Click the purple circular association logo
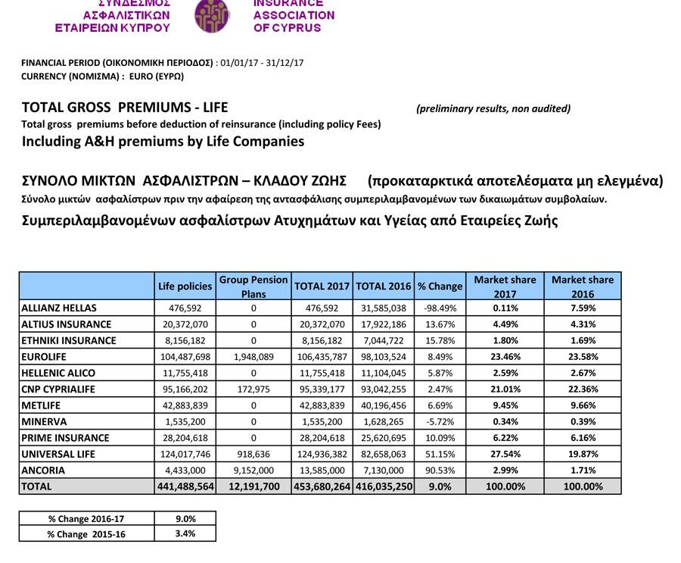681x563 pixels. tap(212, 16)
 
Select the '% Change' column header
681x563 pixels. tap(440, 286)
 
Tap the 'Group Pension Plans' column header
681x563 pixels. tap(253, 286)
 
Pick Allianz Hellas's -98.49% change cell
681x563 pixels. tap(440, 308)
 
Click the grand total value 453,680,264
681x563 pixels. tap(322, 486)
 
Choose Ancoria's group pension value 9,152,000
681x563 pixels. tap(253, 471)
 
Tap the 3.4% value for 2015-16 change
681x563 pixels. tap(185, 533)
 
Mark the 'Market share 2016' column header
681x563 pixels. tap(582, 286)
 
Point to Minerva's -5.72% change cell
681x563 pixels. tap(440, 422)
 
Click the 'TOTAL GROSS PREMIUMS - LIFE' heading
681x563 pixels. tap(125, 107)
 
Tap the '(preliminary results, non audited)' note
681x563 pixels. tap(493, 108)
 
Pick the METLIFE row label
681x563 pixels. tap(42, 406)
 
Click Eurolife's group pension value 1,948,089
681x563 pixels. tap(253, 357)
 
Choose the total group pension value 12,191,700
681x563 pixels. tap(253, 486)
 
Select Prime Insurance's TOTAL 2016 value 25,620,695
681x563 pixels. tap(384, 438)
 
